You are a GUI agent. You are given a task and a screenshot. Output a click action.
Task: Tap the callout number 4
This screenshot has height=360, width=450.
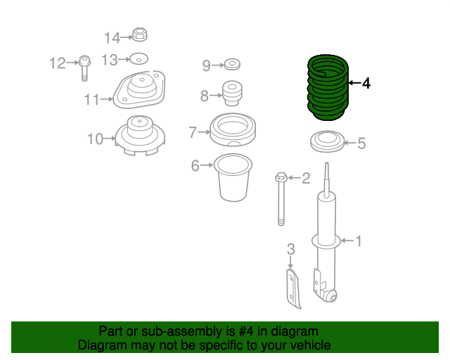(x=366, y=84)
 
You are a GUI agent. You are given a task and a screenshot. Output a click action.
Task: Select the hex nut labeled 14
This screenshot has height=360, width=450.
(x=139, y=34)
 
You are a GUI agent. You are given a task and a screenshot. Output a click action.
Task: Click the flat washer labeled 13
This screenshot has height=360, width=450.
(x=139, y=59)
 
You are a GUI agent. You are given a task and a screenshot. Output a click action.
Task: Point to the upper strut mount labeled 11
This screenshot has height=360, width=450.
(x=141, y=92)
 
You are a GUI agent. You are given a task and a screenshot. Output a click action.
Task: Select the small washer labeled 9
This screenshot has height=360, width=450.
(x=231, y=65)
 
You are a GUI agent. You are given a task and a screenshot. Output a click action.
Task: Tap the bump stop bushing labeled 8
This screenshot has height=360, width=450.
(x=232, y=93)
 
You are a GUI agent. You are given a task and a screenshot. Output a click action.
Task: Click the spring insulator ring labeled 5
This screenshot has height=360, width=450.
(x=326, y=142)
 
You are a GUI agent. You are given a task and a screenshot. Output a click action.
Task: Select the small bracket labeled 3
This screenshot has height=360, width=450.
(x=292, y=287)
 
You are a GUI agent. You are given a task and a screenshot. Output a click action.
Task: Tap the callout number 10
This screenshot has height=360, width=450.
(x=95, y=139)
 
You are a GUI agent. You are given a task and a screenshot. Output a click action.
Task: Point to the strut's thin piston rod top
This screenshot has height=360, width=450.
(x=327, y=176)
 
